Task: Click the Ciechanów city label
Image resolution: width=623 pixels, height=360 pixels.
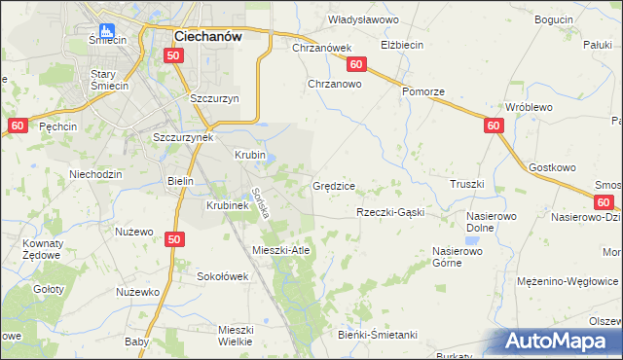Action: tap(207, 35)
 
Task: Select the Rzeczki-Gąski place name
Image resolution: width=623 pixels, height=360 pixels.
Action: tap(390, 212)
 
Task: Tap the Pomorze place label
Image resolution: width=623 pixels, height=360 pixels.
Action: tap(423, 91)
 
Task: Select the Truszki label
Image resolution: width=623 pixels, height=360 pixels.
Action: tap(466, 184)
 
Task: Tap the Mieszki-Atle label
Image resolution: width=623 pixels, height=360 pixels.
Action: tap(280, 250)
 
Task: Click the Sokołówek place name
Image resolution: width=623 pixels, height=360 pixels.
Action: tap(223, 276)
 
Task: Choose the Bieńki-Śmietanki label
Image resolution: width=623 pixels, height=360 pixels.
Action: tap(379, 335)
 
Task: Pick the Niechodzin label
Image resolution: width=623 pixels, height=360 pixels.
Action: tap(94, 175)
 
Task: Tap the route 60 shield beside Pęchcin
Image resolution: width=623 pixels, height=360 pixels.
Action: tap(18, 126)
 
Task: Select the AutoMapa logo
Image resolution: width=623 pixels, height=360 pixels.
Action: tap(559, 342)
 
